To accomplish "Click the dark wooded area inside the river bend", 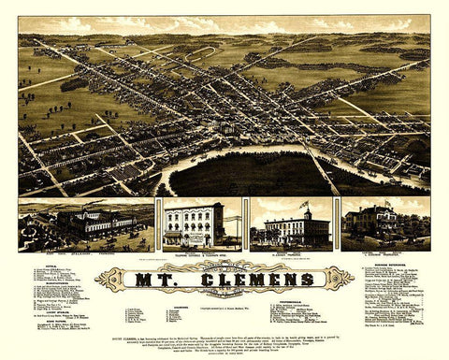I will point(243,174).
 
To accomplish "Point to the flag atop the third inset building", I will point(304,203).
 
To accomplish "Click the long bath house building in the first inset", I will point(94,224).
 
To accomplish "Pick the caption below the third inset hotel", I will point(296,252).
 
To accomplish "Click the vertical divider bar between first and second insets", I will point(158,224).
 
